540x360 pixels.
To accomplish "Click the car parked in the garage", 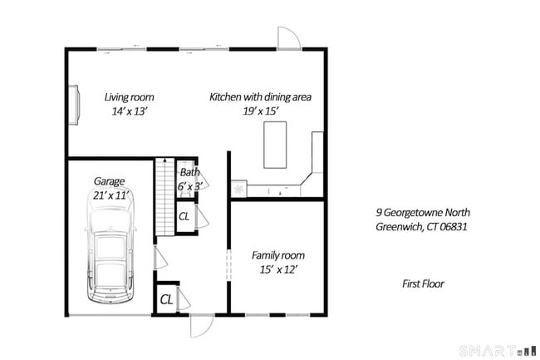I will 110,258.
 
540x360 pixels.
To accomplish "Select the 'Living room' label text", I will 129,96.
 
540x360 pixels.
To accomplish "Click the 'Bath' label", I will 189,173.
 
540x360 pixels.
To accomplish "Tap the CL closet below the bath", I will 184,216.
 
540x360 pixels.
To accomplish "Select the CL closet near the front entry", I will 165,298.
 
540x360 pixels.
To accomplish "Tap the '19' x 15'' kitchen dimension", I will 260,111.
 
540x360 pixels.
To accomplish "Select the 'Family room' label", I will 277,254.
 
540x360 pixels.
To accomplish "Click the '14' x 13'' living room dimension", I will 129,111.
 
